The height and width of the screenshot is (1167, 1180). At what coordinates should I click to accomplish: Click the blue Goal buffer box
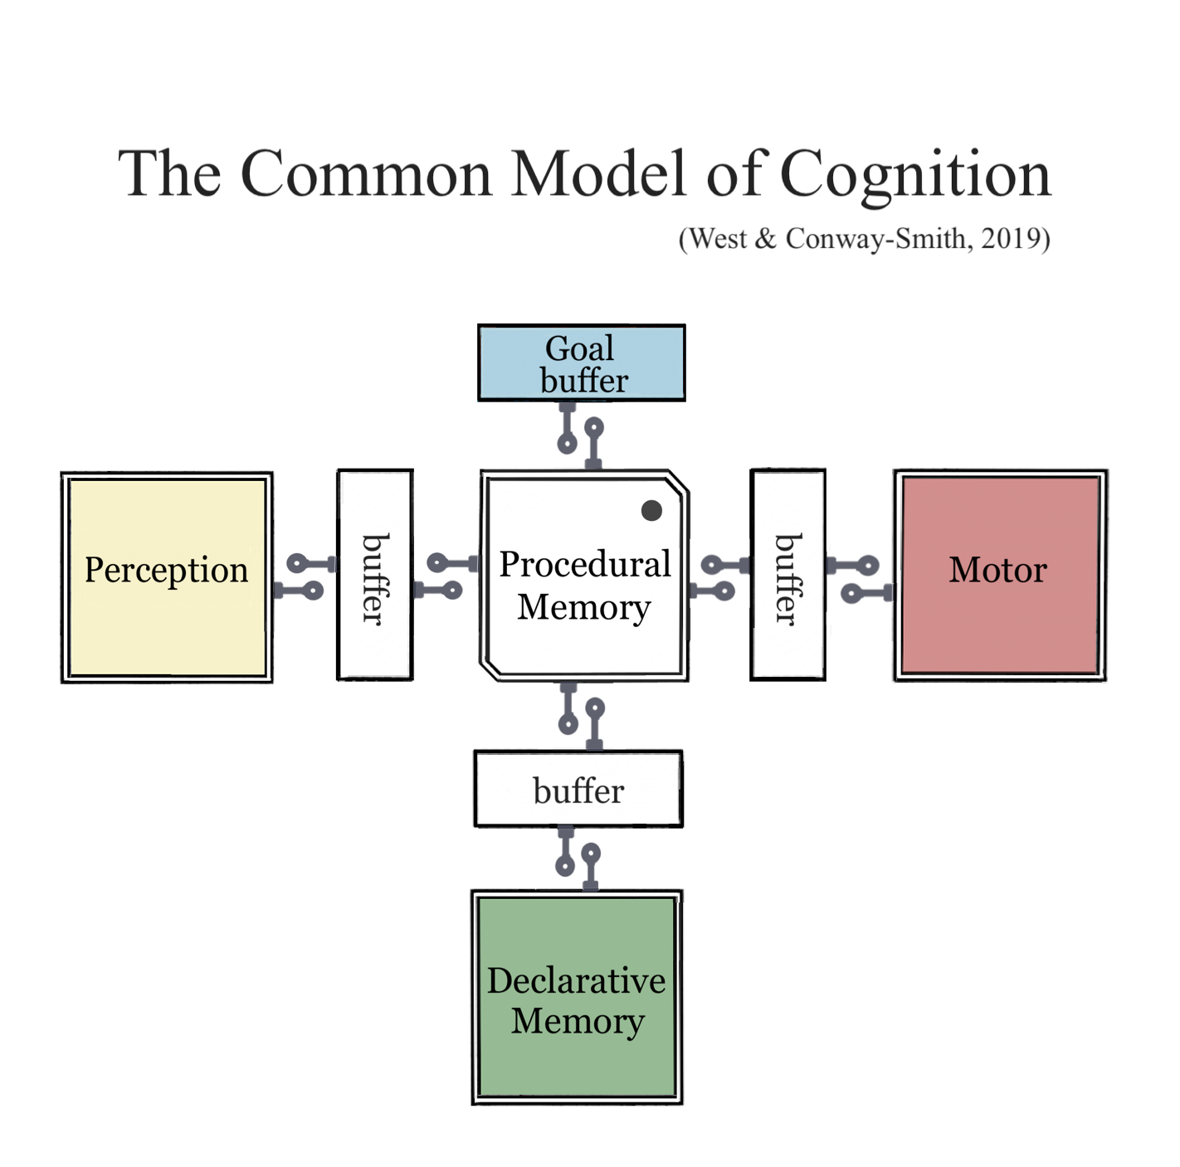click(x=581, y=363)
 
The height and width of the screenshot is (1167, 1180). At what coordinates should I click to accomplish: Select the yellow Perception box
click(x=167, y=577)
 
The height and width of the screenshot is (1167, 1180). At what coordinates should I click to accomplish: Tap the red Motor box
click(x=1000, y=575)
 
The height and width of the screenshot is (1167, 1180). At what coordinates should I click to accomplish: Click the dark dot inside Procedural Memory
click(x=651, y=510)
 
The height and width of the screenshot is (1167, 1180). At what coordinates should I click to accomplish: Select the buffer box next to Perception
click(x=375, y=575)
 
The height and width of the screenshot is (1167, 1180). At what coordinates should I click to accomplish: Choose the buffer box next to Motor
click(x=787, y=575)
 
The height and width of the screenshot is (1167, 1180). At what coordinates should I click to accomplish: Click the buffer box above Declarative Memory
click(x=578, y=789)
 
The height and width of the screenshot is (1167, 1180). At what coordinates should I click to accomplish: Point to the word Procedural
click(x=584, y=564)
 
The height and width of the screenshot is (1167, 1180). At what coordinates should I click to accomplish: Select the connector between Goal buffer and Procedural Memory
click(x=580, y=436)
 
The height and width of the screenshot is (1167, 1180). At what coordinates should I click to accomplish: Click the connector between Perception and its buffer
click(x=305, y=577)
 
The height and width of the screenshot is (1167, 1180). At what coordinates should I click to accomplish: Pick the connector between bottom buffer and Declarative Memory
click(x=578, y=858)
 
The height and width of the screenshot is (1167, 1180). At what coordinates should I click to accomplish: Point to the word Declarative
click(x=576, y=980)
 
